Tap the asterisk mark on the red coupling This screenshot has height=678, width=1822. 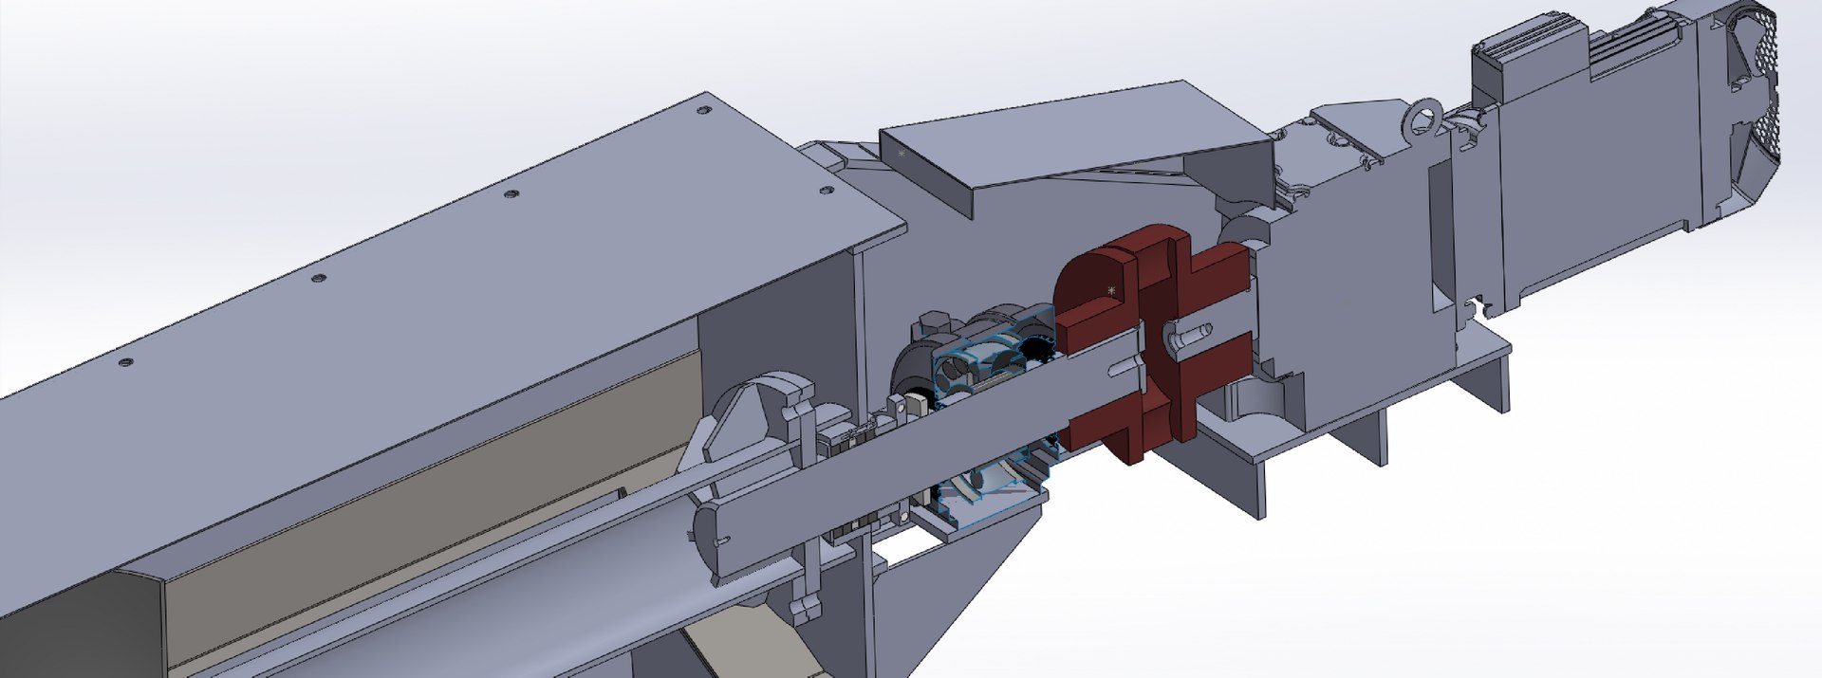click(1111, 290)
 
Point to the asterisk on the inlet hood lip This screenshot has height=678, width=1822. click(902, 153)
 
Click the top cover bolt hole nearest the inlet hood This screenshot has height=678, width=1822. click(825, 191)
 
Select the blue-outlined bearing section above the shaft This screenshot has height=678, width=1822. click(987, 360)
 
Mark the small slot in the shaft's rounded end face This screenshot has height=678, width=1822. click(720, 541)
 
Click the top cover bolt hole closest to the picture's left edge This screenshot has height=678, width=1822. click(122, 362)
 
